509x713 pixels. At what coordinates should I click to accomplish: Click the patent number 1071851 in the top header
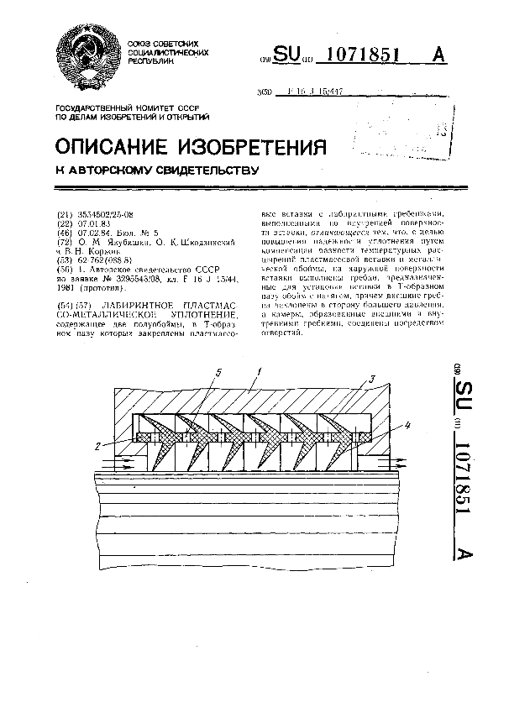(x=359, y=55)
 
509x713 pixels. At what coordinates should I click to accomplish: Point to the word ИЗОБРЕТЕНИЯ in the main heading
(x=261, y=146)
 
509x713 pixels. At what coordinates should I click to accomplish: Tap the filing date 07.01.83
(x=92, y=224)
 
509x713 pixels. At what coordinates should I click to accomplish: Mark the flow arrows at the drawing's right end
(x=392, y=461)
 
